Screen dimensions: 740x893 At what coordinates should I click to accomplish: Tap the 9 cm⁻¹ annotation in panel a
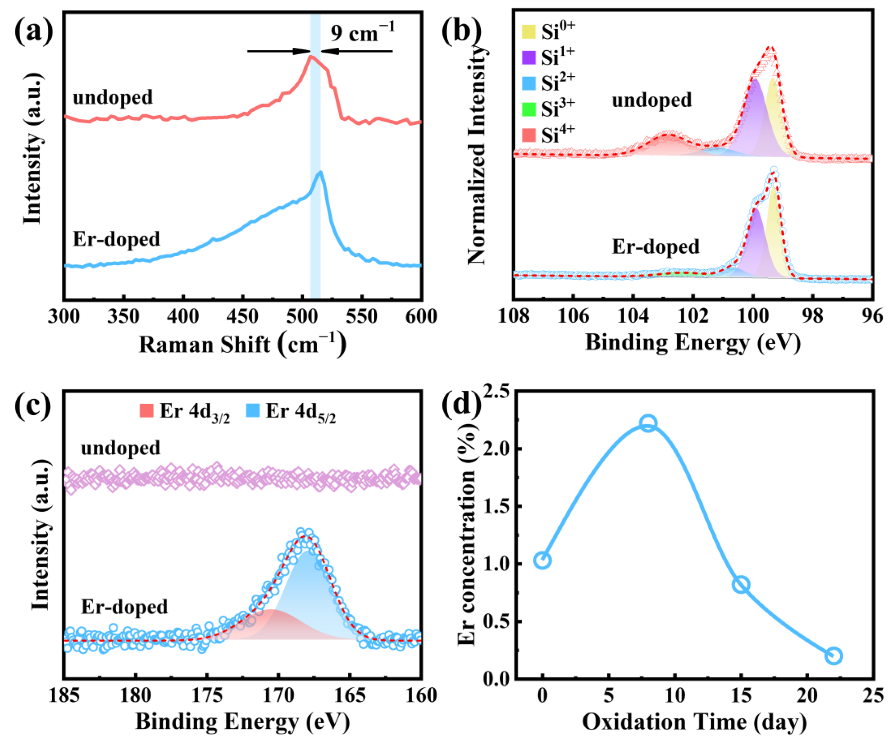(362, 33)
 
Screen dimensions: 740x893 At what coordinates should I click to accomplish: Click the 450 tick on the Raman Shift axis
(242, 316)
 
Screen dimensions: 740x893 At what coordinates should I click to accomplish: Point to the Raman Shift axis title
(242, 345)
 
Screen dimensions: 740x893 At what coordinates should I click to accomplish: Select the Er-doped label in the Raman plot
(116, 239)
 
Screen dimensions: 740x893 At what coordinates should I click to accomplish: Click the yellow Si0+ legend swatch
(528, 32)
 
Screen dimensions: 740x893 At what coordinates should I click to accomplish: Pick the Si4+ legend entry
(548, 135)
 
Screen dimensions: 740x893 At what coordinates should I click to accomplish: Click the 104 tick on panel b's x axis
(633, 316)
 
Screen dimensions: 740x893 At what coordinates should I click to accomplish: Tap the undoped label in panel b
(651, 100)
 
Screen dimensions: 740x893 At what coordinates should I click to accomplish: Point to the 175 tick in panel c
(207, 696)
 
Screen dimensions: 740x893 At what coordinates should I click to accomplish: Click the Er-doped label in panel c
(124, 607)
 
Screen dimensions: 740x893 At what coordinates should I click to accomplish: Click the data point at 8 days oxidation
(648, 423)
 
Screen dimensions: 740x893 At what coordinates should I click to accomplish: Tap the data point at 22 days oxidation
(834, 656)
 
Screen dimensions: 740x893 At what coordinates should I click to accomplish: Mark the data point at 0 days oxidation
(542, 560)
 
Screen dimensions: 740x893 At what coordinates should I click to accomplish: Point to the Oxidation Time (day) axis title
(694, 722)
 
